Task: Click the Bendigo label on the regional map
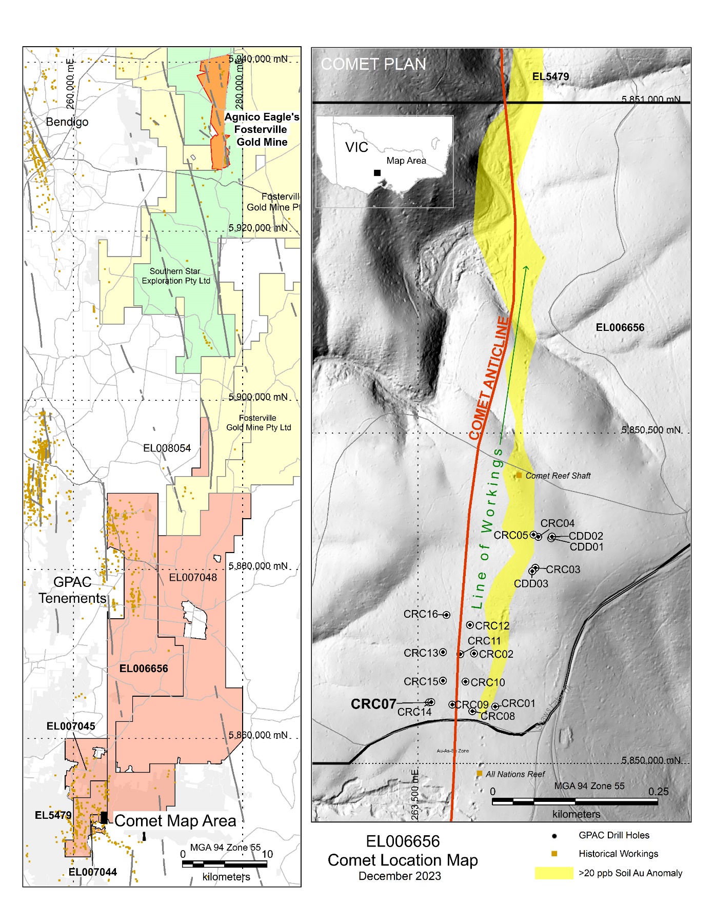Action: (x=67, y=122)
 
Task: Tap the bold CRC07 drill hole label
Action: (x=373, y=704)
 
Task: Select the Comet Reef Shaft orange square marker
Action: (x=519, y=476)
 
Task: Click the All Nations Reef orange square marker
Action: (x=479, y=773)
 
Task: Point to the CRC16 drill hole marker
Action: (x=446, y=615)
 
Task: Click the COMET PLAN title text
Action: (x=373, y=64)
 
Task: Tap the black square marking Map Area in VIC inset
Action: (x=377, y=173)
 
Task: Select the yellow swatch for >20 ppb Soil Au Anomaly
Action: (x=553, y=873)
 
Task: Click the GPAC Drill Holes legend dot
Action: (x=554, y=836)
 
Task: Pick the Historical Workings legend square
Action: (x=554, y=854)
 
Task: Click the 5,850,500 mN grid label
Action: (x=651, y=429)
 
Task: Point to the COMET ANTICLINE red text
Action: (x=489, y=378)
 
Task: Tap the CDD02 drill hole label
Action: (x=586, y=536)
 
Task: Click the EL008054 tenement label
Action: (x=167, y=448)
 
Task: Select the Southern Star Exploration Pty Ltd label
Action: (x=176, y=276)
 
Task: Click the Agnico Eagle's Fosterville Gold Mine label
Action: (x=262, y=129)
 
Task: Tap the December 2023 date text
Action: (x=400, y=876)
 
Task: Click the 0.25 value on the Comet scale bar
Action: (x=658, y=791)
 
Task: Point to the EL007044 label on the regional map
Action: (x=92, y=872)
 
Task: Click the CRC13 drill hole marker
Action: (x=443, y=652)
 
